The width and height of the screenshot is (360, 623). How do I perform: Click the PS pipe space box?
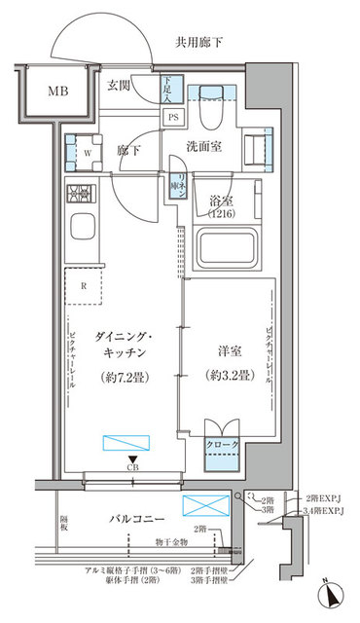(x=172, y=117)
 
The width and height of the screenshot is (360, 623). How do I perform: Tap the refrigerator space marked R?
(x=85, y=287)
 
